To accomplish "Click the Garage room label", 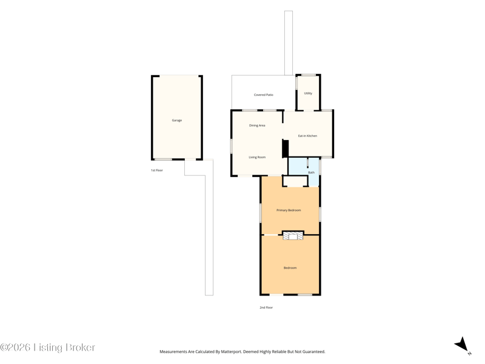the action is pyautogui.click(x=177, y=120).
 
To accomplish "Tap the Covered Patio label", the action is pyautogui.click(x=264, y=95).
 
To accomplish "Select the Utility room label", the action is pyautogui.click(x=308, y=93).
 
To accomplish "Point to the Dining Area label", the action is pyautogui.click(x=257, y=126).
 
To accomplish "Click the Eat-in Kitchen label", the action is pyautogui.click(x=307, y=136).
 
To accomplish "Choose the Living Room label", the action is pyautogui.click(x=257, y=157).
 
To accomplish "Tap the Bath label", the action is pyautogui.click(x=311, y=172).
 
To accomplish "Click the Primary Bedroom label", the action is pyautogui.click(x=289, y=210).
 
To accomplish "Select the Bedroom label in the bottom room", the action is pyautogui.click(x=290, y=268).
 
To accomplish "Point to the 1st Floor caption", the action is pyautogui.click(x=157, y=170).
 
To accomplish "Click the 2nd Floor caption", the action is pyautogui.click(x=266, y=308).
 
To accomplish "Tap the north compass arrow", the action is pyautogui.click(x=462, y=345).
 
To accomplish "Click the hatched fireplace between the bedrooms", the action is pyautogui.click(x=293, y=237).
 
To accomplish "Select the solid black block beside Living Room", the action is pyautogui.click(x=285, y=149).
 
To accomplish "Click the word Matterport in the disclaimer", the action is pyautogui.click(x=232, y=352).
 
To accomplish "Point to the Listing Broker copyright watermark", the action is pyautogui.click(x=47, y=347).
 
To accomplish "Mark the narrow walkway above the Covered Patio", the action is pyautogui.click(x=289, y=43).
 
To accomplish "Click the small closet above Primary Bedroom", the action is pyautogui.click(x=295, y=181).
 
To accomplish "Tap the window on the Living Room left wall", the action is pyautogui.click(x=231, y=146).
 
